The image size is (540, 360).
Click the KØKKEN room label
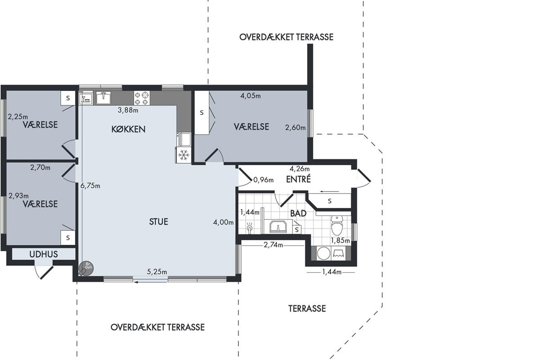click(x=128, y=129)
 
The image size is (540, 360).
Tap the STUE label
click(x=158, y=221)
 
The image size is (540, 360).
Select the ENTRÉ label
click(x=298, y=179)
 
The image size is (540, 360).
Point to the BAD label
click(x=298, y=213)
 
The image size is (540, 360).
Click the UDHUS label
click(x=44, y=254)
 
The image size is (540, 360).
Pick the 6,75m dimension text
click(x=90, y=186)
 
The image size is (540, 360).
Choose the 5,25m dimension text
click(x=157, y=272)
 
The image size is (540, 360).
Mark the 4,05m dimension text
click(x=251, y=96)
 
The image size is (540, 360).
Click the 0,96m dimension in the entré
click(x=264, y=180)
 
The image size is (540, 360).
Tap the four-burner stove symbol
click(x=142, y=98)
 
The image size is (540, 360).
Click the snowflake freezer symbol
click(x=184, y=155)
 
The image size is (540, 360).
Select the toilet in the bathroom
click(x=337, y=225)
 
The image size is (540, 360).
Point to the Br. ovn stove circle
click(x=86, y=268)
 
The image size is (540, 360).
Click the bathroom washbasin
click(x=278, y=226)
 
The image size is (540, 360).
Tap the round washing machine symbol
click(x=323, y=253)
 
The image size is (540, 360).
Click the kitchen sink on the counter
click(x=103, y=98)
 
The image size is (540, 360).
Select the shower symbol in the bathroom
click(x=250, y=228)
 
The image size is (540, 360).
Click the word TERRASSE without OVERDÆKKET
click(x=307, y=308)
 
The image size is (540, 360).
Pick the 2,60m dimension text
click(x=295, y=127)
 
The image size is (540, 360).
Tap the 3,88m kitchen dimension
click(x=128, y=110)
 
